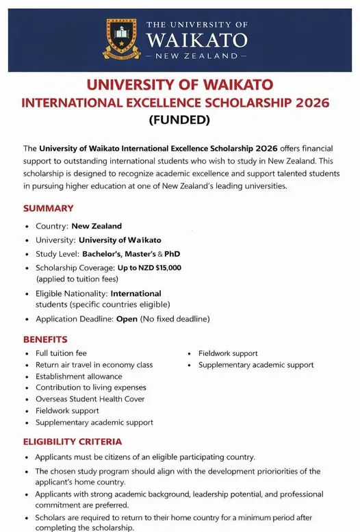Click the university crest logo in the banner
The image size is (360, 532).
(x=120, y=38)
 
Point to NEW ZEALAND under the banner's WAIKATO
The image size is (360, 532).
(x=196, y=55)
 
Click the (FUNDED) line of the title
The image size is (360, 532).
(x=179, y=121)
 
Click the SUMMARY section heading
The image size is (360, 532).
(x=48, y=208)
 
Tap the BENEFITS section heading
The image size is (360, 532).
(x=45, y=339)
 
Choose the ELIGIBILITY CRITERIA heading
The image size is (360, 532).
(x=73, y=442)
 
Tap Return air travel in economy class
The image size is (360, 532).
(x=94, y=365)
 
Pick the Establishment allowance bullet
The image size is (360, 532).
(x=79, y=376)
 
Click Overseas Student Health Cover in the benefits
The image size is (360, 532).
(x=90, y=399)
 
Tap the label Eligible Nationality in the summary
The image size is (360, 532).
(x=70, y=293)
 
